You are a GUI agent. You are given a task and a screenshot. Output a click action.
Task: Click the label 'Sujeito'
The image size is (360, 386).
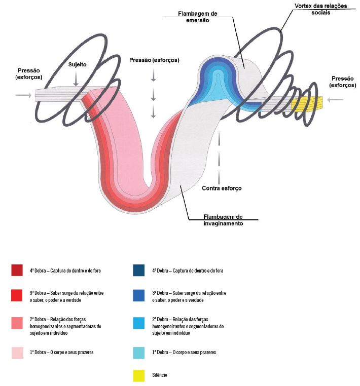[x=78, y=64]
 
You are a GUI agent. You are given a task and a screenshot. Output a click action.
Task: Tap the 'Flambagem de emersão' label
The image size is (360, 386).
[x=198, y=17]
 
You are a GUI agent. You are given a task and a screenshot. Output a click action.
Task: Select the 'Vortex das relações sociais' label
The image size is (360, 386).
[x=320, y=9]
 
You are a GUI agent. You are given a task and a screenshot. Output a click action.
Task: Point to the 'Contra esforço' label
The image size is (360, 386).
[x=222, y=188]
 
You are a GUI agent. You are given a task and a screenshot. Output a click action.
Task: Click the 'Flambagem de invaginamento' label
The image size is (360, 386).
[x=223, y=220]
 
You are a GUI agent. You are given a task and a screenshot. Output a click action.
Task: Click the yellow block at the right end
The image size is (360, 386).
[x=307, y=103]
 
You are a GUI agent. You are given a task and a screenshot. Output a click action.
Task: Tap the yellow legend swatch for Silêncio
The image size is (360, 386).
[x=139, y=376]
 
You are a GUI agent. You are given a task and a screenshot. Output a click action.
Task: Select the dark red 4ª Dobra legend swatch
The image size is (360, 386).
[x=17, y=271]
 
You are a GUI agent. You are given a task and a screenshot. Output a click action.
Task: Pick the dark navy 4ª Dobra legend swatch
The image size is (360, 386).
[x=139, y=271]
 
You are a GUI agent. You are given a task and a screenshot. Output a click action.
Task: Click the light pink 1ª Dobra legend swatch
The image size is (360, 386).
[x=18, y=353]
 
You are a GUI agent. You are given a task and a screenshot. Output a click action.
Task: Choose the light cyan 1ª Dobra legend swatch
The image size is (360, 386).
[x=139, y=353]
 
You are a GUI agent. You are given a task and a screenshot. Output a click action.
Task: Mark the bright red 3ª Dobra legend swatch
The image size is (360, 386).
[x=17, y=295]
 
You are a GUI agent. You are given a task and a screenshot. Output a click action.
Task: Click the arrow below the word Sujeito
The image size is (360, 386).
[x=76, y=78]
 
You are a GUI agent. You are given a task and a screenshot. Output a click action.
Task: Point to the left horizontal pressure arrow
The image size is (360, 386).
[x=23, y=95]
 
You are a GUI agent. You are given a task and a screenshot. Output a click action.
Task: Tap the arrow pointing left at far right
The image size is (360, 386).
[x=335, y=99]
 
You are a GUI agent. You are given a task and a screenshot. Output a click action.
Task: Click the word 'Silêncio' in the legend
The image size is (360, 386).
[x=160, y=375]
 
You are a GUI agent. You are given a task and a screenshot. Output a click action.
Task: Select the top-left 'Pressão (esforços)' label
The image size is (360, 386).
[x=29, y=74]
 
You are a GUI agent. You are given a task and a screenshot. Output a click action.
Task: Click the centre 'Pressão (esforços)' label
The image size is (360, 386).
[x=154, y=60]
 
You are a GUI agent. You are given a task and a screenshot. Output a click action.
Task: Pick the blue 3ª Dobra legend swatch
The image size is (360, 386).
[x=139, y=295]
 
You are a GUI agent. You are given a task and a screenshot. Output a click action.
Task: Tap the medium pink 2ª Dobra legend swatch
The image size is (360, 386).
[x=17, y=323]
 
